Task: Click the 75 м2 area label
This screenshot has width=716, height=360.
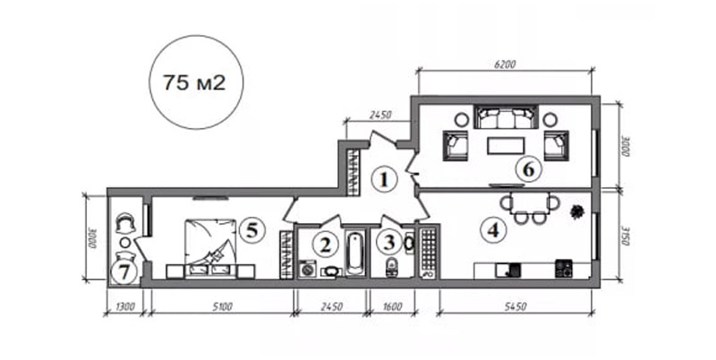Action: pos(194,82)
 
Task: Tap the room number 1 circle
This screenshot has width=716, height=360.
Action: pos(384,180)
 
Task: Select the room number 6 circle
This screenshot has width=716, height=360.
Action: pos(528,170)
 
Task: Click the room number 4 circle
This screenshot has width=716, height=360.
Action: pos(493,231)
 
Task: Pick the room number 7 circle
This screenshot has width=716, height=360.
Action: pos(124,272)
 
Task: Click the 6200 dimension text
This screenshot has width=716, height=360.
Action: pos(505,64)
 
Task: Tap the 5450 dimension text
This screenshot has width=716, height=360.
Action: pos(516,306)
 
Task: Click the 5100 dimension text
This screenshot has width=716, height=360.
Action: pos(222,307)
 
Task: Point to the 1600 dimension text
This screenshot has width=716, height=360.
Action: pos(391,306)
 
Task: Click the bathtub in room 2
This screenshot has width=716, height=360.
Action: pos(355,253)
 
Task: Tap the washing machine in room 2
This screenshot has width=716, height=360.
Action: pos(309,269)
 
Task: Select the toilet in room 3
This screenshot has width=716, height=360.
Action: pos(391,267)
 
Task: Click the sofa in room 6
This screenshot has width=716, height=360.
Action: pos(506,117)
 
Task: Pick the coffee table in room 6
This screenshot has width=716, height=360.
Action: pos(506,146)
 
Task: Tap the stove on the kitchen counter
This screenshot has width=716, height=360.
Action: pos(564,269)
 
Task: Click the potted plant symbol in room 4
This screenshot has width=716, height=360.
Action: pos(577,211)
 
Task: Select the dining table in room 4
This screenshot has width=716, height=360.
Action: pos(529,203)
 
